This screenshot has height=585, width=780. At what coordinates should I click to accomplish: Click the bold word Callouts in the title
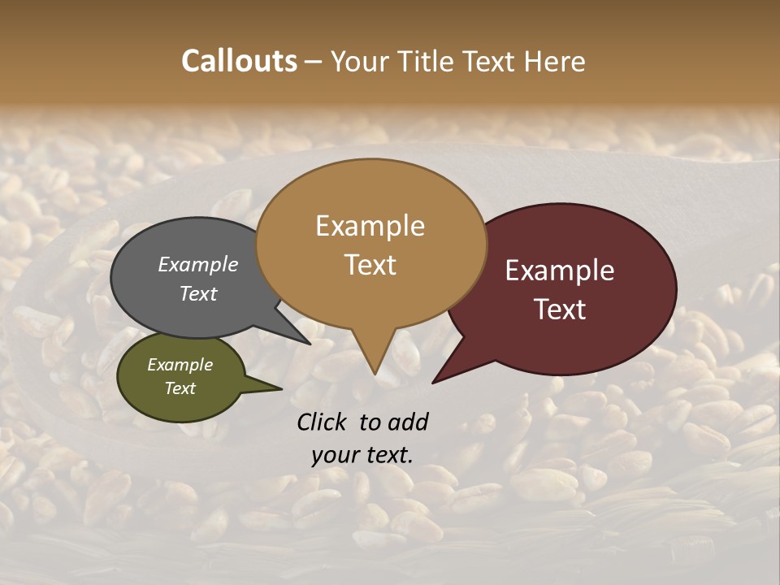(x=239, y=61)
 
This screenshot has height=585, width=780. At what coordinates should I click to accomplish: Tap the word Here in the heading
(x=557, y=61)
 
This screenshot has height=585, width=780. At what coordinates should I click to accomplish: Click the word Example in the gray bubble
(x=197, y=264)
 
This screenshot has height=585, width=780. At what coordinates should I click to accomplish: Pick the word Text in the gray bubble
(x=197, y=293)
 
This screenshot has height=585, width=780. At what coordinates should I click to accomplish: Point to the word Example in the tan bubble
(x=370, y=226)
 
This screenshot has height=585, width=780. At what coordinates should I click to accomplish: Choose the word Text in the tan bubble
(x=370, y=265)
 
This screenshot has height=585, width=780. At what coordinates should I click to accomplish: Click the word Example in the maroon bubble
(x=560, y=271)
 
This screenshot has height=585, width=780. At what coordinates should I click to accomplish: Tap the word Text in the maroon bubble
(x=560, y=310)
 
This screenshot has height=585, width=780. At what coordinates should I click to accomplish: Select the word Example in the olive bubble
(x=180, y=365)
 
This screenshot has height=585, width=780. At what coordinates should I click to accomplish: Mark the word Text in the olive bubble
(x=180, y=388)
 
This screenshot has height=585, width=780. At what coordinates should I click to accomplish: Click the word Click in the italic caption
(x=323, y=422)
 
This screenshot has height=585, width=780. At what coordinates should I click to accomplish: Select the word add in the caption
(x=408, y=422)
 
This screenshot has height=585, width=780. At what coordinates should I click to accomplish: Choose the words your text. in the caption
(x=362, y=455)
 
